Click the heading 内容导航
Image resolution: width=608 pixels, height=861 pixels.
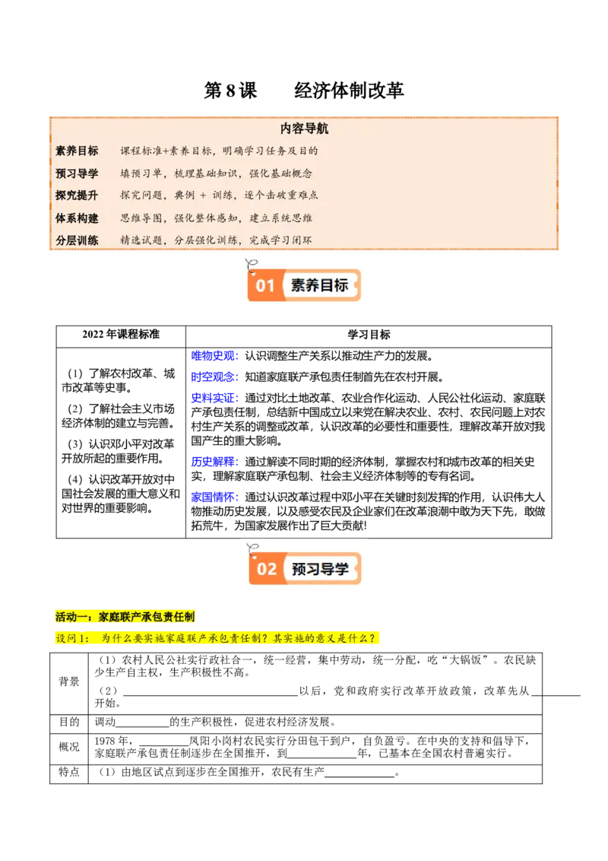[x=304, y=129]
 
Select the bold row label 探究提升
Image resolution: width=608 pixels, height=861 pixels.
[x=77, y=195]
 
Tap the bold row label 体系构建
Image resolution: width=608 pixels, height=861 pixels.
[x=77, y=218]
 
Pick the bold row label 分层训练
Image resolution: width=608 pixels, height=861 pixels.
[x=77, y=240]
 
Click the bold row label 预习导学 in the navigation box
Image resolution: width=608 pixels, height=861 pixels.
[x=77, y=173]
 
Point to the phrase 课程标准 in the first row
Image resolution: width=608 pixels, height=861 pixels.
[x=141, y=151]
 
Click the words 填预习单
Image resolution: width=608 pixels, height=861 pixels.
[x=141, y=173]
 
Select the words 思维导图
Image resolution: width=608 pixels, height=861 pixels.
[x=141, y=218]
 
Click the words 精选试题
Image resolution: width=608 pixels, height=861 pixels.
[x=141, y=240]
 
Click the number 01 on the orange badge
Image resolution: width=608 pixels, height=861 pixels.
[x=264, y=286]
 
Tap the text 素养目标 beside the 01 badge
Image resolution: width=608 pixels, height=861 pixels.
[x=319, y=286]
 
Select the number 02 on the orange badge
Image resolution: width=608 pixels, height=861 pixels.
[x=267, y=569]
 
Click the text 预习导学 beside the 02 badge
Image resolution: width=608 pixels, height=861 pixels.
[x=320, y=569]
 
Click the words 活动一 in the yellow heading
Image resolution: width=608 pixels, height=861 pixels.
[x=72, y=616]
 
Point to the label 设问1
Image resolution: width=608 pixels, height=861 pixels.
[x=73, y=638]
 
